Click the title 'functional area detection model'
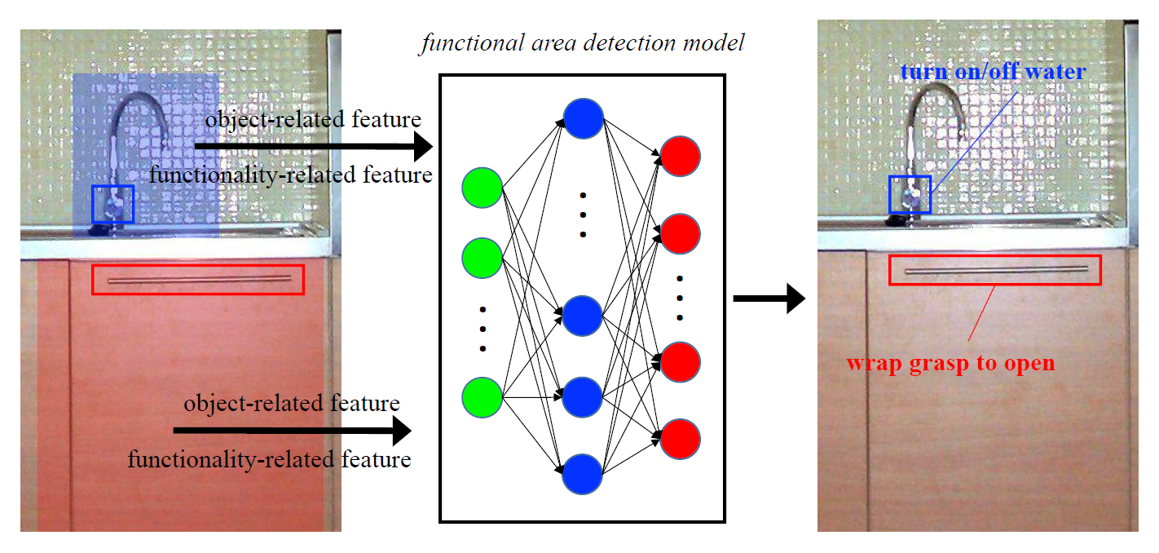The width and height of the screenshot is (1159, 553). [583, 43]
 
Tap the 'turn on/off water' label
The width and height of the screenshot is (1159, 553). [993, 72]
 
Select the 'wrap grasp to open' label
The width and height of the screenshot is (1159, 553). [950, 364]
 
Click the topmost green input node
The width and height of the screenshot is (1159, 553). [482, 188]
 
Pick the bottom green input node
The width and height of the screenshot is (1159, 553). [482, 397]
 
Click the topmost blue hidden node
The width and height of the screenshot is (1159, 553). [583, 118]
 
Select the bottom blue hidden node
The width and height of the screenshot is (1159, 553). [582, 474]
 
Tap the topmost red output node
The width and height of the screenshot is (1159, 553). [681, 156]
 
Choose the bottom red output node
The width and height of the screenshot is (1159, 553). [681, 439]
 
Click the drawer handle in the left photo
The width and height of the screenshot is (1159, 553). [200, 280]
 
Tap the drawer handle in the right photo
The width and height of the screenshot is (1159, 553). [997, 270]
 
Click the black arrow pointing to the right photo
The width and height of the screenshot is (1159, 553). [769, 299]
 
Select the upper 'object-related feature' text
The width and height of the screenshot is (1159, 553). [313, 120]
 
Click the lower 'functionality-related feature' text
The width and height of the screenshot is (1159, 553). [269, 459]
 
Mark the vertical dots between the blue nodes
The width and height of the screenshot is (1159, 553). [583, 215]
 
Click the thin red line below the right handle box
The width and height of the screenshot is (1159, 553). [981, 312]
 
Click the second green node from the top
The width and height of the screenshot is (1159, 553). [482, 258]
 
